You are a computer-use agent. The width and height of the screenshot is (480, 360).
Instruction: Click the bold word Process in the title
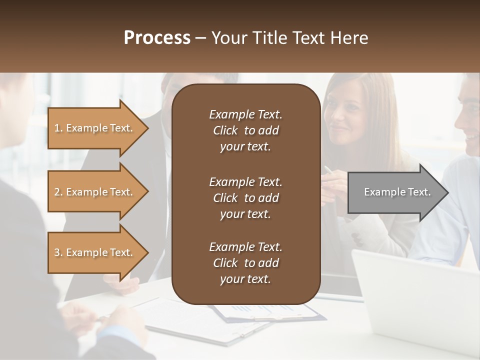[x=157, y=38]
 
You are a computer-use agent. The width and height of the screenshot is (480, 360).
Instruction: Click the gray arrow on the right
[x=395, y=192]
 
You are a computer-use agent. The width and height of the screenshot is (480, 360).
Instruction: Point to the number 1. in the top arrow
[x=58, y=128]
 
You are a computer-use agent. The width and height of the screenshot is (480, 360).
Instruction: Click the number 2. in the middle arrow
[x=58, y=192]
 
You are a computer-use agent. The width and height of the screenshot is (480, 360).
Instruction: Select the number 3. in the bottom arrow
[x=58, y=252]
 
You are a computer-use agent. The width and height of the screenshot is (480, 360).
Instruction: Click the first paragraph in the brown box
[x=245, y=130]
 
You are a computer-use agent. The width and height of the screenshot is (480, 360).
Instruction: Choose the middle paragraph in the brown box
[x=245, y=197]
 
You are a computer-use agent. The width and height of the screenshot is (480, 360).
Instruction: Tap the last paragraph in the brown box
[x=245, y=263]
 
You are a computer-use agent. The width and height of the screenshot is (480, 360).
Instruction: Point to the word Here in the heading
[x=349, y=38]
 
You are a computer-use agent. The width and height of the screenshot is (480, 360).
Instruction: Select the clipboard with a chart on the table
[x=270, y=312]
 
